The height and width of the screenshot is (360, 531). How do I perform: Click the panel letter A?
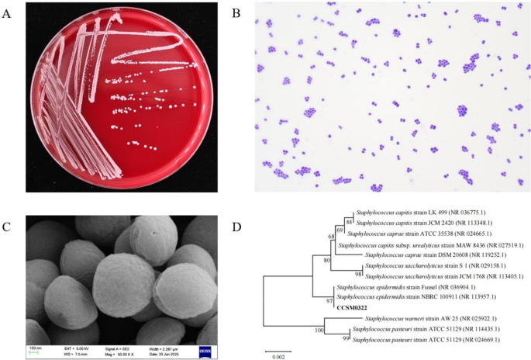pyautogui.click(x=9, y=11)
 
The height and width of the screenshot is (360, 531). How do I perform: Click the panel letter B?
pyautogui.click(x=238, y=11)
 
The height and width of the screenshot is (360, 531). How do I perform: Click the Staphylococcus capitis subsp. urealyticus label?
pyautogui.click(x=426, y=244)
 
